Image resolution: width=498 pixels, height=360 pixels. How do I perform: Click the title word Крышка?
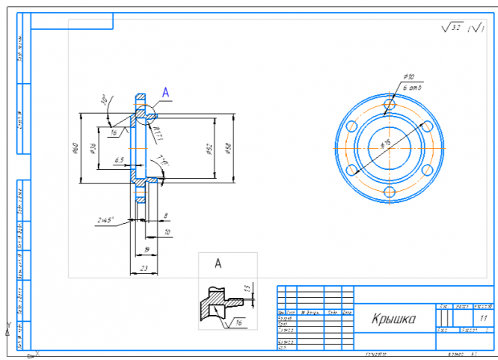(x=394, y=320)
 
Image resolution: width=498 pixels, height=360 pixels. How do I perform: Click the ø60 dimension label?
(x=75, y=147)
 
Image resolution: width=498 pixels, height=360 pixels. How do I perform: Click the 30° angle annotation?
(x=104, y=99)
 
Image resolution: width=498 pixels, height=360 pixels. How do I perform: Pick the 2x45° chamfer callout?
(x=105, y=220)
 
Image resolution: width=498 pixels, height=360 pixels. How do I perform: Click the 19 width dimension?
(x=147, y=248)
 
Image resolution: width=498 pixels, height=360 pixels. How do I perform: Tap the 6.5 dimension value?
(x=118, y=160)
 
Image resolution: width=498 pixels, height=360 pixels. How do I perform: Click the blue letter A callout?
(x=166, y=92)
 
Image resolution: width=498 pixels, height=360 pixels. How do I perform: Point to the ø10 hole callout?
(x=409, y=77)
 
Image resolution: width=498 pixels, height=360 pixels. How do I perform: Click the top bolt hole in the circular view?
(x=388, y=105)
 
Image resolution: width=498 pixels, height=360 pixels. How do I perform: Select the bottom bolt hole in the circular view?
(x=389, y=192)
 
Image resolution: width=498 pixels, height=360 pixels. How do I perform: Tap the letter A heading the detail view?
(x=218, y=263)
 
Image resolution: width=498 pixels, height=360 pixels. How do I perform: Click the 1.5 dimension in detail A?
(x=247, y=289)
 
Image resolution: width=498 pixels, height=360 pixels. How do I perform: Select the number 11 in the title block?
(x=471, y=319)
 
